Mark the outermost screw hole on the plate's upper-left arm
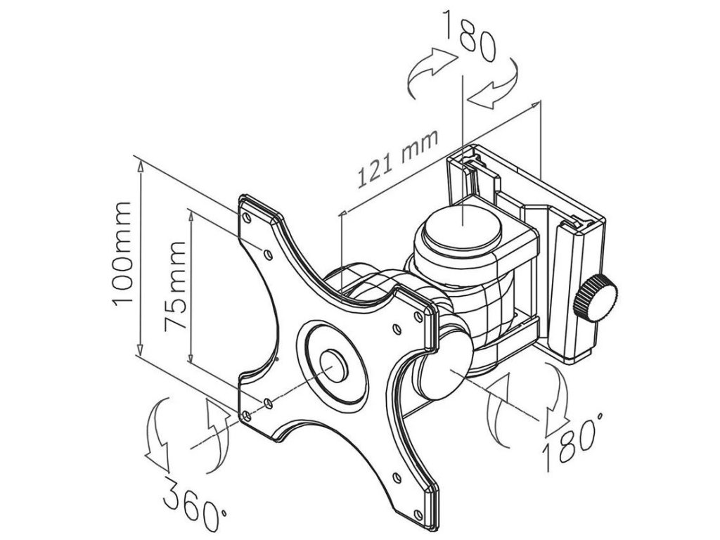(247, 217)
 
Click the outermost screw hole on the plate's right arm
(421, 315)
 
